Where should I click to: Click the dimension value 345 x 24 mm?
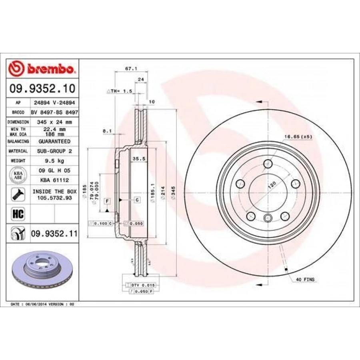click(x=54, y=122)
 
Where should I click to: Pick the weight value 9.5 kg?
click(x=54, y=160)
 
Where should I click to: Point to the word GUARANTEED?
click(x=54, y=141)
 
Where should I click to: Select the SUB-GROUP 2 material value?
click(x=54, y=151)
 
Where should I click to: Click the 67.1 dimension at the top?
click(x=128, y=68)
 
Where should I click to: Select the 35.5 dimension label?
click(x=138, y=159)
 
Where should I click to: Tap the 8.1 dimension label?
click(x=106, y=130)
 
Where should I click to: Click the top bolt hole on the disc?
click(x=268, y=164)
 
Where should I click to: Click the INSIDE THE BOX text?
click(x=54, y=192)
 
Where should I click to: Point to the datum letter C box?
click(x=137, y=199)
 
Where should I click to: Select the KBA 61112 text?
click(x=54, y=180)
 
